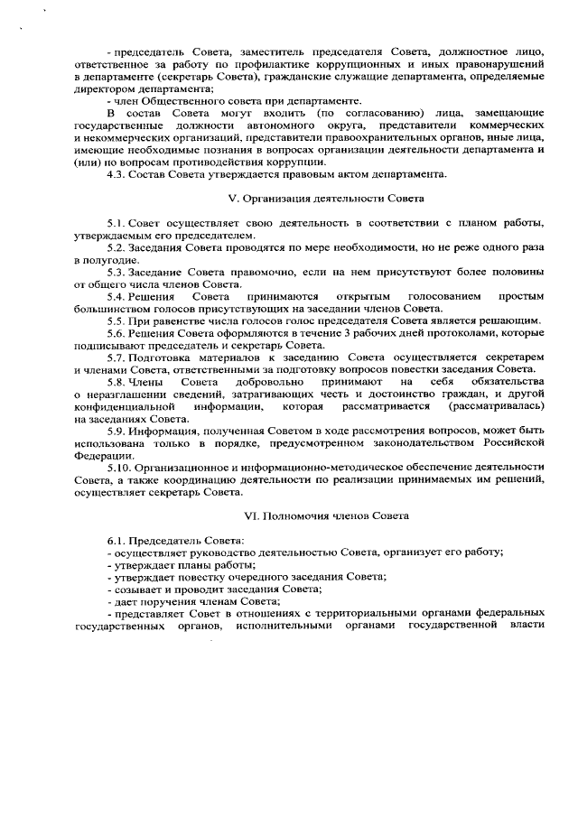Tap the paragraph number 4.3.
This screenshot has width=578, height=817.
point(117,173)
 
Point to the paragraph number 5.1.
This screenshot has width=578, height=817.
point(117,222)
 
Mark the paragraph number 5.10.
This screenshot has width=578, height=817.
point(120,468)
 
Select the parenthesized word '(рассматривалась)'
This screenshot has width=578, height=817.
point(499,406)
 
